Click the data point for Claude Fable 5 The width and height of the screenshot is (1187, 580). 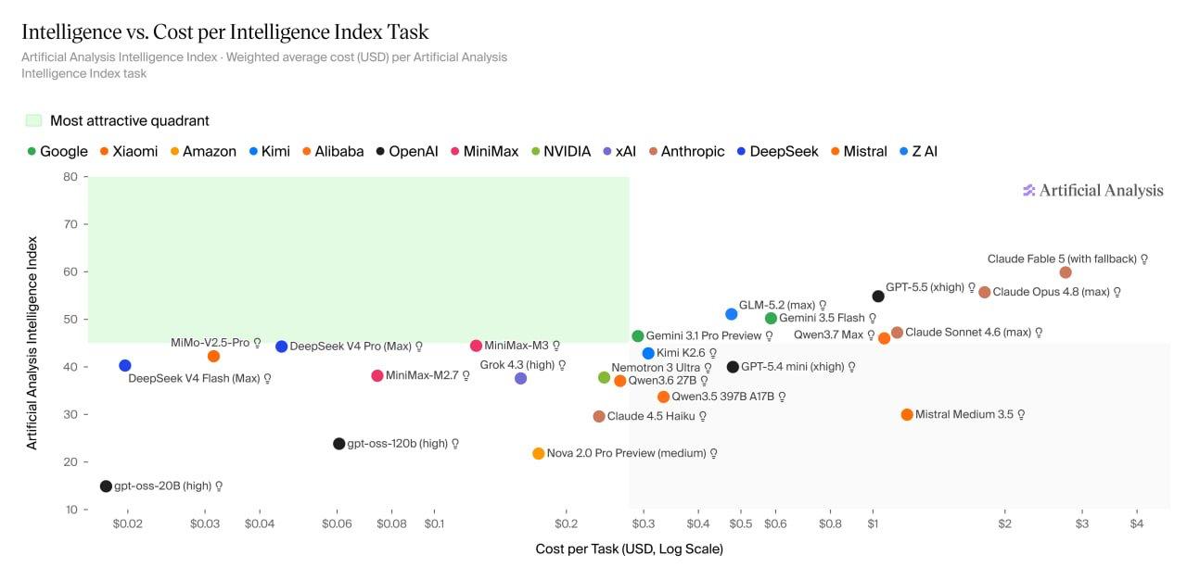click(x=1066, y=272)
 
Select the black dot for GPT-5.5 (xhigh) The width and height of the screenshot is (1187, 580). click(x=878, y=296)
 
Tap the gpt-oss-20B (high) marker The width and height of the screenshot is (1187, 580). click(x=106, y=486)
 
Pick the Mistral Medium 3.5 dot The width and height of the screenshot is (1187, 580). click(x=907, y=415)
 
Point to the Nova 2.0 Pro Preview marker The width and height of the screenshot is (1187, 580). click(x=539, y=453)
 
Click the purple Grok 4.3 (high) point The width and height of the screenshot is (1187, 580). click(x=521, y=378)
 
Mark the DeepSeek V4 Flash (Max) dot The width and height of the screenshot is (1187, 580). click(x=125, y=366)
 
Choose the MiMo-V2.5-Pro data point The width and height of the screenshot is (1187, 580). click(x=213, y=356)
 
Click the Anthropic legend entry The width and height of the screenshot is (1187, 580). click(x=687, y=151)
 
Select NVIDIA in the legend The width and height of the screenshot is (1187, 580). click(x=561, y=151)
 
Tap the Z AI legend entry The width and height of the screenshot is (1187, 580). click(x=919, y=151)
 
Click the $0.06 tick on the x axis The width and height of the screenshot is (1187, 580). click(x=337, y=523)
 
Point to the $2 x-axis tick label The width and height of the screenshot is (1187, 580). click(x=1004, y=523)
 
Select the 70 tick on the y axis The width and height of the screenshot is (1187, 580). click(x=70, y=224)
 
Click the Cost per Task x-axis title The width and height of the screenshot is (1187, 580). click(x=629, y=549)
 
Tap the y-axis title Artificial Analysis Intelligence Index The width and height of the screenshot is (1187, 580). click(x=32, y=343)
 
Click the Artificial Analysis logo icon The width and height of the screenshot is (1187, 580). click(x=1028, y=191)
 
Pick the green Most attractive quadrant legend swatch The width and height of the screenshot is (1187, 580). click(x=34, y=120)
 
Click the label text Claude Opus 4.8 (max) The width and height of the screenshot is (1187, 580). click(x=1051, y=292)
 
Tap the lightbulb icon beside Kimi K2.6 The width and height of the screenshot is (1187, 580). click(x=713, y=354)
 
